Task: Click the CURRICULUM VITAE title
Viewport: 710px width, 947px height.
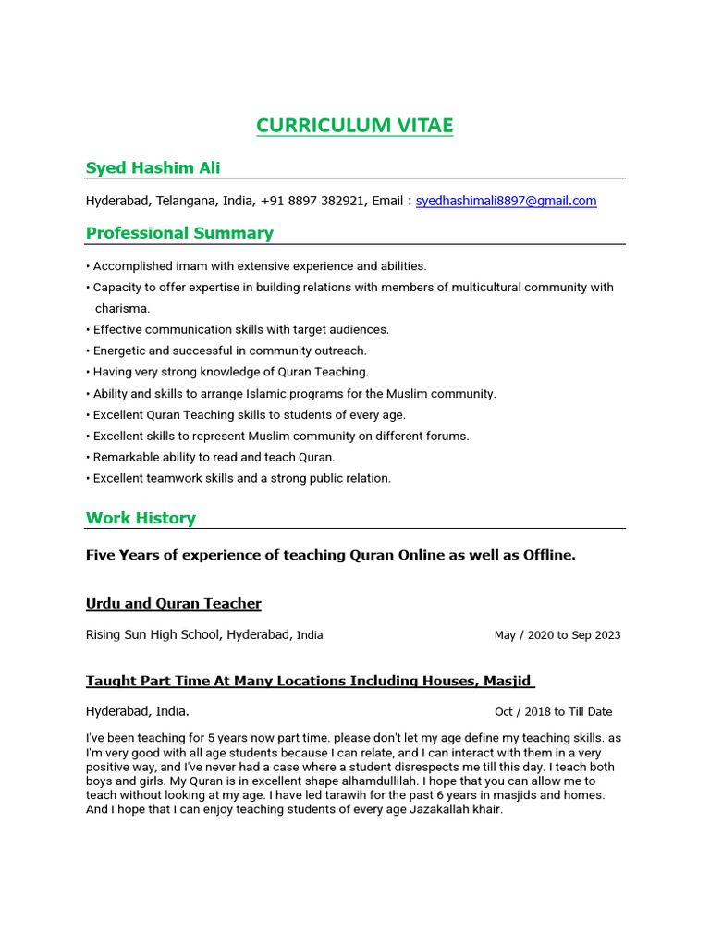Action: [x=355, y=126]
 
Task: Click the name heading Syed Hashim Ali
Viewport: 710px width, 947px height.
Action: [x=153, y=167]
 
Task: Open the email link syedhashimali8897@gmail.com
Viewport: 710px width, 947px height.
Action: [x=506, y=201]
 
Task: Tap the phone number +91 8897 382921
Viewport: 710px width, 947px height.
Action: [x=312, y=201]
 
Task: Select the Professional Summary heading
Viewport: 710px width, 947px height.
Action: [x=179, y=233]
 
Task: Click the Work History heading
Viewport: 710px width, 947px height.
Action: [x=141, y=518]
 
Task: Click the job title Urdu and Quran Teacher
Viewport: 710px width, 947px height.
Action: [x=174, y=604]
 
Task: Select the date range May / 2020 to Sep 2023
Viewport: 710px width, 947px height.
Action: [x=557, y=635]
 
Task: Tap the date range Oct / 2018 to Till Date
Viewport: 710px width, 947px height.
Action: [x=553, y=712]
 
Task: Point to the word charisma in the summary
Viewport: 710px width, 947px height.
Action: [x=122, y=308]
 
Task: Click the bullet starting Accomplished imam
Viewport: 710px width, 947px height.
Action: [x=259, y=266]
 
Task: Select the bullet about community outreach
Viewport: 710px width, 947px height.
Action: [x=229, y=351]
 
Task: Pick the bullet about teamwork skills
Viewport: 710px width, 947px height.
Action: [x=241, y=478]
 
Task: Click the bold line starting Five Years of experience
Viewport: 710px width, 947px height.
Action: [x=330, y=555]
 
